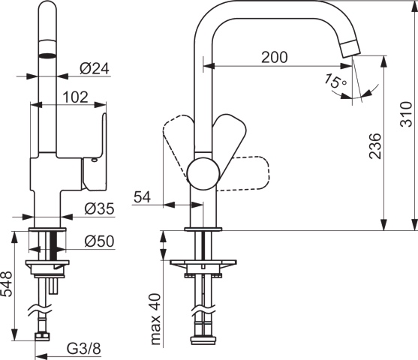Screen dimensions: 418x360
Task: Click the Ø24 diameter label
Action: point(95,69)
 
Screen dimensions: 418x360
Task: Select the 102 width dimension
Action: point(75,97)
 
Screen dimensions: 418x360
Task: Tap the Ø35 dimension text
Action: point(99,208)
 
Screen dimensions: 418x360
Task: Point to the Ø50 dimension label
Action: point(99,241)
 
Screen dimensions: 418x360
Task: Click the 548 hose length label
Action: point(7,284)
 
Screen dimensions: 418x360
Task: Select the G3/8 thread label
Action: point(84,349)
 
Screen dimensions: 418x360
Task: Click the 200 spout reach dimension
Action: point(275,57)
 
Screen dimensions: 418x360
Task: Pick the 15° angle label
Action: point(335,81)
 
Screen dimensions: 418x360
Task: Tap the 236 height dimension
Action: point(375,146)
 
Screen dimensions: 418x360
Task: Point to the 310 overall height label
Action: point(407,114)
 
